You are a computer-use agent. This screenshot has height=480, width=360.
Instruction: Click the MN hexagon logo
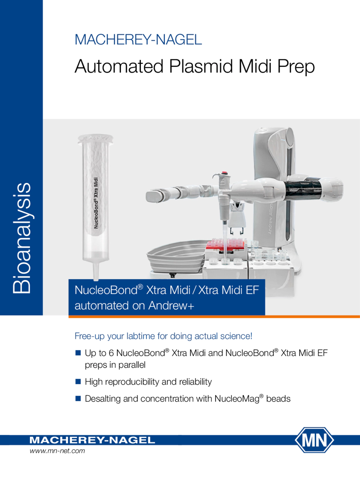[x=314, y=440]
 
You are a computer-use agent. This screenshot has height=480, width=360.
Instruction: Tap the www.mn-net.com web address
[x=57, y=451]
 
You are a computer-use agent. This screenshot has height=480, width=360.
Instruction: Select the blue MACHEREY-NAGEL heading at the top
[x=138, y=40]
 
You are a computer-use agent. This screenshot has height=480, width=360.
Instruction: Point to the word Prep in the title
[x=296, y=67]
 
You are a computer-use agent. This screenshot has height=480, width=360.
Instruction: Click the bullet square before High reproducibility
[x=78, y=382]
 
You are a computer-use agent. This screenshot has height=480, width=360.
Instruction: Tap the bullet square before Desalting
[x=78, y=399]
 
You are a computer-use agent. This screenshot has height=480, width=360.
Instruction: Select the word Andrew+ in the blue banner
[x=171, y=306]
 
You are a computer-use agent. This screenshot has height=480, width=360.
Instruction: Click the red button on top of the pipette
[x=224, y=173]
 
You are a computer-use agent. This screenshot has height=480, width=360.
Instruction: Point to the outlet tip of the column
[x=96, y=279]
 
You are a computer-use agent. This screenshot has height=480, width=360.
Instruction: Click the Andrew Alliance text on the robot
[x=270, y=219]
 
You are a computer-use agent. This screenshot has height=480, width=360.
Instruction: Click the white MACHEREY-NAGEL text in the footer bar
[x=92, y=440]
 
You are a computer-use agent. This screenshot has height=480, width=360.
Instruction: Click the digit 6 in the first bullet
[x=111, y=353]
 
